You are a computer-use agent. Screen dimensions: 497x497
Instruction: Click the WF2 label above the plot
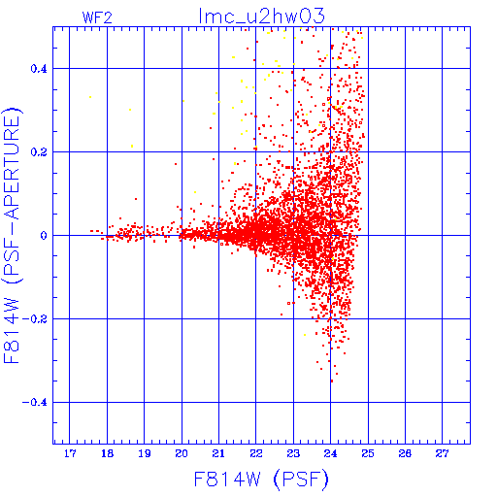(97, 17)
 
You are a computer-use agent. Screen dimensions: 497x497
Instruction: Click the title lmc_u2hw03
(261, 17)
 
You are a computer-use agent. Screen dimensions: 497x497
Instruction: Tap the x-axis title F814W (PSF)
(261, 480)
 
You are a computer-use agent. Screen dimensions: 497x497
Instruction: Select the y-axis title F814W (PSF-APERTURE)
(12, 236)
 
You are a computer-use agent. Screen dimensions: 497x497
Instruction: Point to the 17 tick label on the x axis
(70, 453)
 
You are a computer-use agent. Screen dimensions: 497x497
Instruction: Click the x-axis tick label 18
(107, 453)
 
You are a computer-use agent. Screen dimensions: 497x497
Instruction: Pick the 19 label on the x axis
(145, 453)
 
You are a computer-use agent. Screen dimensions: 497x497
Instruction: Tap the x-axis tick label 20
(182, 453)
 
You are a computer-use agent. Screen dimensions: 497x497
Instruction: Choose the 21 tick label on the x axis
(218, 453)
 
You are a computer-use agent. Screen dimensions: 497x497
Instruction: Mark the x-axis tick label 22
(256, 453)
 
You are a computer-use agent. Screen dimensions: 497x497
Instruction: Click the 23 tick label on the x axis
(293, 453)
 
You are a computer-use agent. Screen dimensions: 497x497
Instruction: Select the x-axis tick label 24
(330, 453)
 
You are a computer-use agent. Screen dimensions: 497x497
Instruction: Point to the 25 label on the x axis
(368, 453)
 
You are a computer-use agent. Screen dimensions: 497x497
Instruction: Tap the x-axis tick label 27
(442, 453)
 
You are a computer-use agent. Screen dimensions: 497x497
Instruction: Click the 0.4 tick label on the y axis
(39, 69)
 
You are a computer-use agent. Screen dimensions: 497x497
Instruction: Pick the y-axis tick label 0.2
(39, 152)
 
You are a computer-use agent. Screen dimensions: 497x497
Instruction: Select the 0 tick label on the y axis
(44, 236)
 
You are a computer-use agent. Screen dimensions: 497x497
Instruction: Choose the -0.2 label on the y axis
(35, 319)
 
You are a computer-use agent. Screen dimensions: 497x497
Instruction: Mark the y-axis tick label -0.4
(35, 403)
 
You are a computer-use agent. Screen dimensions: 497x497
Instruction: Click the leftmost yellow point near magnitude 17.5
(90, 97)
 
